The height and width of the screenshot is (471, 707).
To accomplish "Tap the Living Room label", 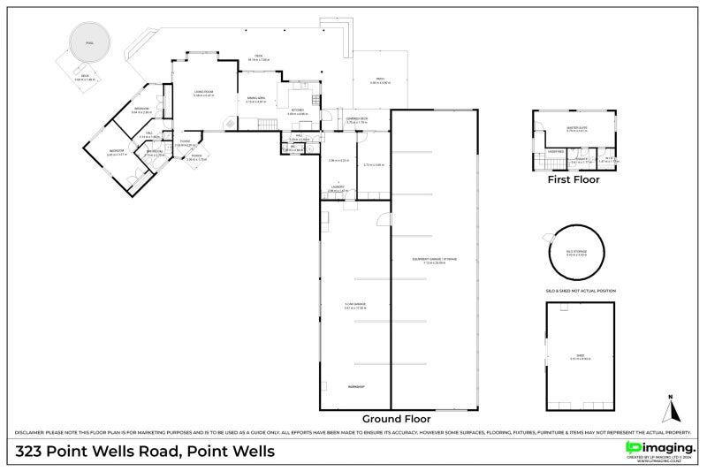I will click(204, 94).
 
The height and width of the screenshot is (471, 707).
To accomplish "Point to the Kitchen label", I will click(297, 111).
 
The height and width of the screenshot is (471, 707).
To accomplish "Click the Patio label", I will click(379, 81).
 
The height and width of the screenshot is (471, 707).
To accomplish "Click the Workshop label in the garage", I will click(355, 387).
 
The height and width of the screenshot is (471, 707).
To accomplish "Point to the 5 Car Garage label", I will click(355, 305).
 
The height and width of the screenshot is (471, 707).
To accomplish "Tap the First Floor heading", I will click(573, 179).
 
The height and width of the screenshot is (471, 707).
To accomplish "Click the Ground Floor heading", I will click(396, 418).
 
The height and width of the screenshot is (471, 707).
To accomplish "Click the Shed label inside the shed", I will click(580, 358).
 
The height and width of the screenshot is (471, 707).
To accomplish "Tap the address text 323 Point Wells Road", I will click(146, 452).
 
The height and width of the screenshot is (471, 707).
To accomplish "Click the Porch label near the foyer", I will click(197, 159).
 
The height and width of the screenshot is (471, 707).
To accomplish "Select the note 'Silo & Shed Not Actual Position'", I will click(580, 291).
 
